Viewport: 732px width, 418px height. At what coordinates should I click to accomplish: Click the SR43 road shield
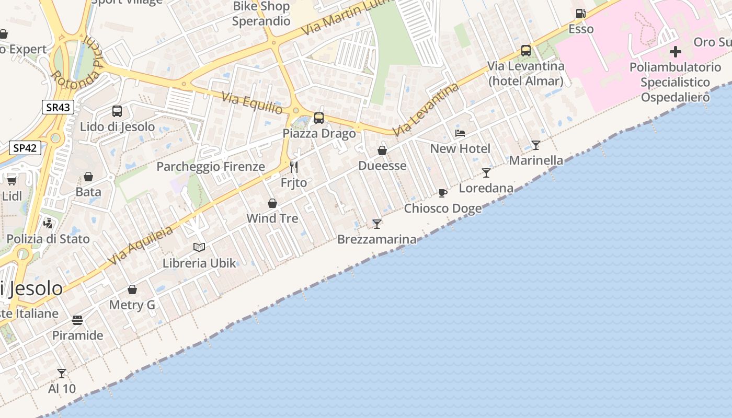[58, 108]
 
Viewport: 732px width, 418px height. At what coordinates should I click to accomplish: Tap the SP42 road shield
[25, 148]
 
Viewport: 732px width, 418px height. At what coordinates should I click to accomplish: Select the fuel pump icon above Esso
[580, 14]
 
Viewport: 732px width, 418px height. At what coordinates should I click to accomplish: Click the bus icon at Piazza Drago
[319, 118]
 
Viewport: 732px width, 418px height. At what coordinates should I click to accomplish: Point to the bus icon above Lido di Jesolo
[117, 111]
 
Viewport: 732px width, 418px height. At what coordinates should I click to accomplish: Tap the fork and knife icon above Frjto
[294, 167]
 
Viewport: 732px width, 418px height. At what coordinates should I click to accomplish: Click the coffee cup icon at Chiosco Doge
[443, 193]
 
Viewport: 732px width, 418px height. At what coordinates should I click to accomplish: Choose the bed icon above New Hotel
[460, 133]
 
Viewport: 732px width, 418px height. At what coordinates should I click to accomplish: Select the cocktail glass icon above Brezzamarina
[377, 224]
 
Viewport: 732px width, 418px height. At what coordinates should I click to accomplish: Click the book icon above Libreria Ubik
[199, 247]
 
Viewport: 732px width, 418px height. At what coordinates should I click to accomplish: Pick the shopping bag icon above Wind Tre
[272, 203]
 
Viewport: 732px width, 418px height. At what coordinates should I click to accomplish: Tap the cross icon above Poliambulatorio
[676, 52]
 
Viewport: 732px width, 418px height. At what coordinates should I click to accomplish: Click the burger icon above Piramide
[77, 320]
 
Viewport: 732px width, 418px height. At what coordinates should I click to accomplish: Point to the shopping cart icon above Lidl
[12, 181]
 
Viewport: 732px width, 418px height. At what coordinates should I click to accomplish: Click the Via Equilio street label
[252, 103]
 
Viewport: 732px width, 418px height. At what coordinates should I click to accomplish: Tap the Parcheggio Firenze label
[211, 167]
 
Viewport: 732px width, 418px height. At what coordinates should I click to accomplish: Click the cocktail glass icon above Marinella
[536, 145]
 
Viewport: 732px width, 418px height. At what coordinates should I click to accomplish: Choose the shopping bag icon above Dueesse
[382, 151]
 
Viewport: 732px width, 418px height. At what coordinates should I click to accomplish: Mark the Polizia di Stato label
[48, 239]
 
